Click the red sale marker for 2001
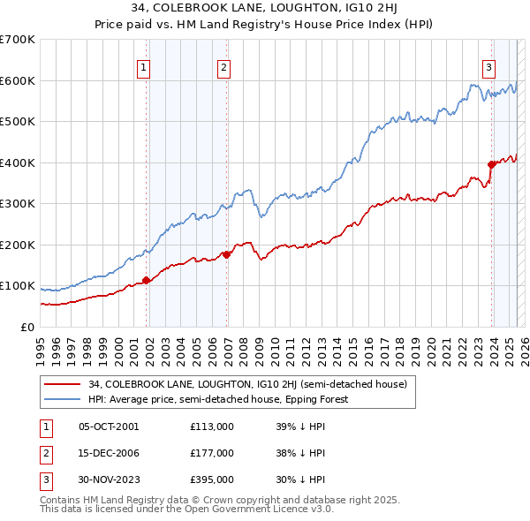tap(147, 281)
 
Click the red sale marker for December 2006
tap(227, 254)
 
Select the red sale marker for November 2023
tap(491, 164)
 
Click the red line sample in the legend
tap(61, 385)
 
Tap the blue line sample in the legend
tap(61, 399)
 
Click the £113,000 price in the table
tap(212, 426)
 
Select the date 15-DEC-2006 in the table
tap(109, 453)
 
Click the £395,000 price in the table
tap(212, 479)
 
